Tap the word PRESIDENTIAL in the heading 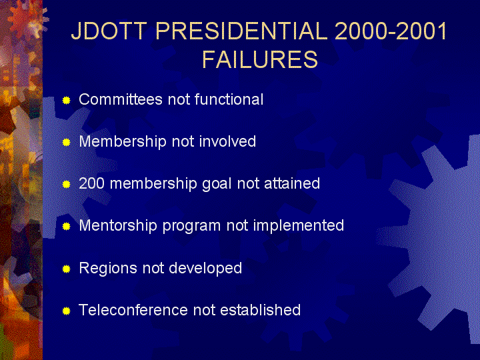click(241, 31)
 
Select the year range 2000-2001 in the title click(391, 31)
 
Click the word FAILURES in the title click(260, 59)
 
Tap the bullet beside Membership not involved click(67, 143)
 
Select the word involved click(227, 141)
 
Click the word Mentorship click(118, 226)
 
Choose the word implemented click(299, 226)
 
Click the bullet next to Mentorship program click(67, 227)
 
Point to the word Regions click(108, 269)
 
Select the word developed click(205, 269)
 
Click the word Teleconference click(133, 310)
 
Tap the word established click(261, 310)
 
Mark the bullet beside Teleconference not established click(67, 311)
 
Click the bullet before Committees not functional click(67, 101)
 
